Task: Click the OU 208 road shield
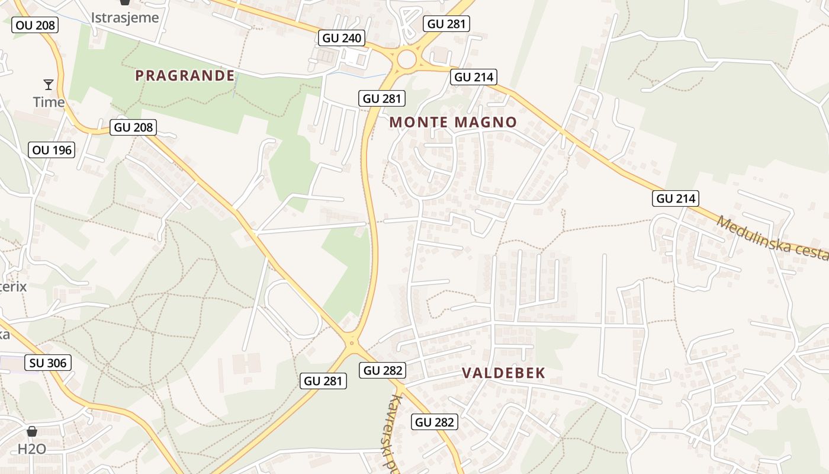tap(35, 25)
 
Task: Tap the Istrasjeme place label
tap(125, 17)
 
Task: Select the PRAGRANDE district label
tap(185, 75)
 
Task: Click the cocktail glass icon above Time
tap(49, 85)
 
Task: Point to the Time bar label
tap(49, 102)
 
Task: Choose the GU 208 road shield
tap(133, 127)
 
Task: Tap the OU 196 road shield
tap(52, 150)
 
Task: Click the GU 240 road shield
tap(341, 38)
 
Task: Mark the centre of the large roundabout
tap(407, 59)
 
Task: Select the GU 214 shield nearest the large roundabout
tap(473, 76)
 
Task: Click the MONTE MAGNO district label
tap(453, 123)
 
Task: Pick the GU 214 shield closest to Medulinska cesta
tap(676, 198)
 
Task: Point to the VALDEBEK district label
tap(503, 373)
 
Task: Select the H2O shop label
tap(32, 449)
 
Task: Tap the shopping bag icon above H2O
tap(32, 431)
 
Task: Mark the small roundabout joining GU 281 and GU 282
tap(352, 342)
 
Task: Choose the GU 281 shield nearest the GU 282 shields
tap(324, 381)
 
